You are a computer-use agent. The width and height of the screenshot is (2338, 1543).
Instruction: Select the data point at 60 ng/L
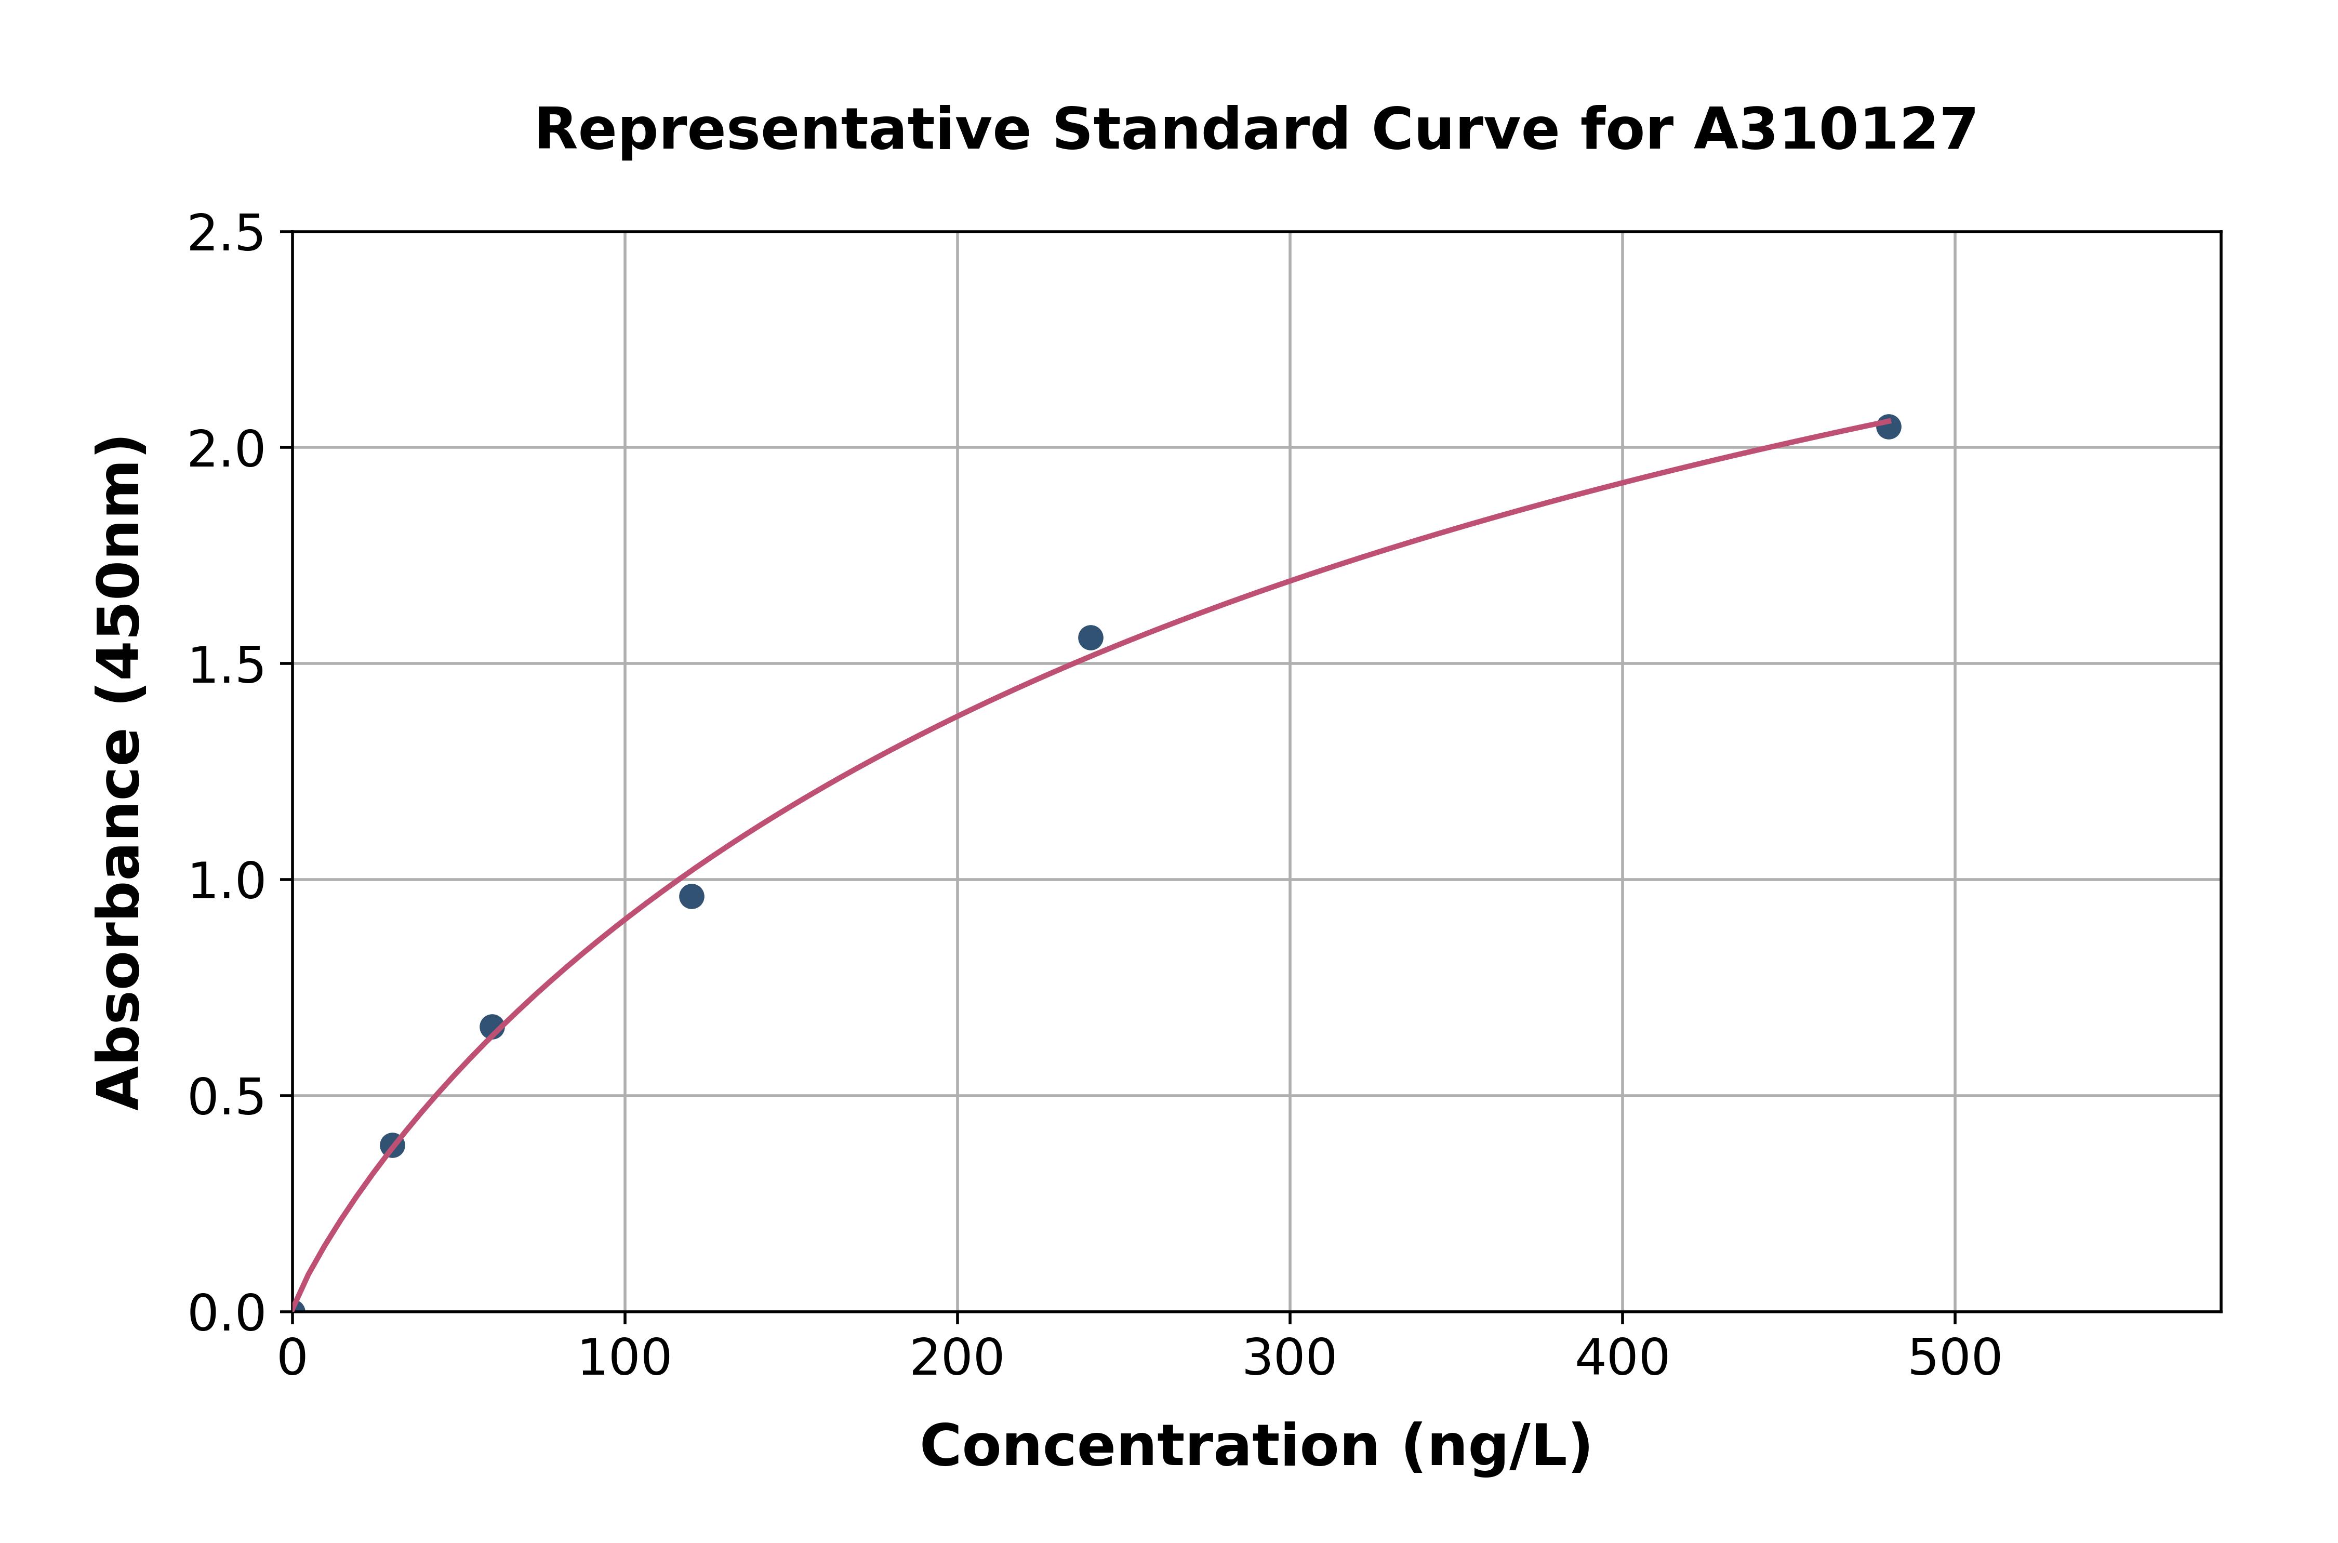pyautogui.click(x=492, y=1027)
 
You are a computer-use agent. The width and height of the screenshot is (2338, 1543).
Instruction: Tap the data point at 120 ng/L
pyautogui.click(x=692, y=897)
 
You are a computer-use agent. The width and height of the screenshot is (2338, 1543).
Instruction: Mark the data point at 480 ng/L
pyautogui.click(x=1888, y=427)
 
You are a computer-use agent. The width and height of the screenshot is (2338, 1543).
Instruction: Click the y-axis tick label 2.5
pyautogui.click(x=227, y=234)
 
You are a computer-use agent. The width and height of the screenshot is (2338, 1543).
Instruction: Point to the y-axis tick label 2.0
pyautogui.click(x=227, y=450)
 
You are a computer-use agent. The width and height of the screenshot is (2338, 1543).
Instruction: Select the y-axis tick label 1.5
pyautogui.click(x=227, y=666)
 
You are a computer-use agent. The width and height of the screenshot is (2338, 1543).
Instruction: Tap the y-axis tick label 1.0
pyautogui.click(x=227, y=882)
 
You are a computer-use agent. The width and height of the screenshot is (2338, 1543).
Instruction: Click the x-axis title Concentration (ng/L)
pyautogui.click(x=1256, y=1446)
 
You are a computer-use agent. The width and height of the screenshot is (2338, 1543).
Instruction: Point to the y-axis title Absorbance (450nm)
pyautogui.click(x=120, y=773)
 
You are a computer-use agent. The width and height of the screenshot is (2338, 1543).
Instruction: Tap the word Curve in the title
pyautogui.click(x=1465, y=130)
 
